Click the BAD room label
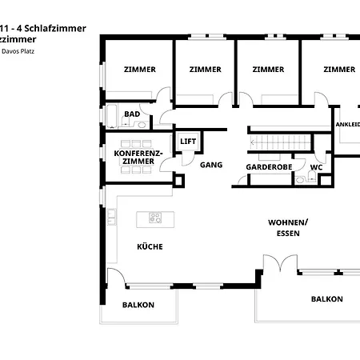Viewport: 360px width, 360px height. (x=132, y=114)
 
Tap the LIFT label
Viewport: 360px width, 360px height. (x=188, y=141)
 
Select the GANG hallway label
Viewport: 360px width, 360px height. (x=211, y=166)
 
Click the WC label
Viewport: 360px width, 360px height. (x=316, y=167)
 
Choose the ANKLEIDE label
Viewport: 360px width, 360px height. (x=347, y=125)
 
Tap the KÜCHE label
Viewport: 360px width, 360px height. (x=150, y=246)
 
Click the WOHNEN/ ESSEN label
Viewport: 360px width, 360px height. (x=287, y=228)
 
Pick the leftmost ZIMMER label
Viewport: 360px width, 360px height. (x=139, y=70)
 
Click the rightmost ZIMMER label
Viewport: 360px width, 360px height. (x=339, y=70)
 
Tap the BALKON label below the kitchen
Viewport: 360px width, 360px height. (x=138, y=305)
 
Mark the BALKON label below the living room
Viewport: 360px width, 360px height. (x=326, y=298)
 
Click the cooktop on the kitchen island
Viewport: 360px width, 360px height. (x=155, y=217)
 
